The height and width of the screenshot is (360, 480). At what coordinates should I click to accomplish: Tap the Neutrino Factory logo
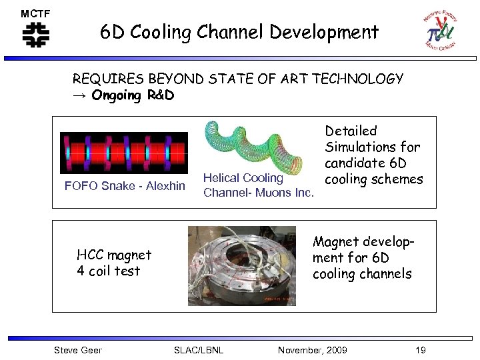coord(439,29)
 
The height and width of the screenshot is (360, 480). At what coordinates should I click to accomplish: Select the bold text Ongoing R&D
coord(133,95)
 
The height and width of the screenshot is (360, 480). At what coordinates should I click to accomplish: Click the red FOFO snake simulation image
coord(123,152)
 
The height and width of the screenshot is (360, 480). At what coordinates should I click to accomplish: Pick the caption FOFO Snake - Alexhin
coord(125,185)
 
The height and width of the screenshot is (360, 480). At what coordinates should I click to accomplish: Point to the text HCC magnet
coord(114,255)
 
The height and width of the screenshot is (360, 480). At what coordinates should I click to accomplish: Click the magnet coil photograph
coord(241,265)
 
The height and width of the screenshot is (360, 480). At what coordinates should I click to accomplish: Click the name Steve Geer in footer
coord(77,350)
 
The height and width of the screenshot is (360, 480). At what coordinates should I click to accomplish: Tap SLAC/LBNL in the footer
coord(198,350)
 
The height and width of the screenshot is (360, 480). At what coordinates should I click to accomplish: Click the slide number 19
coord(420,350)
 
